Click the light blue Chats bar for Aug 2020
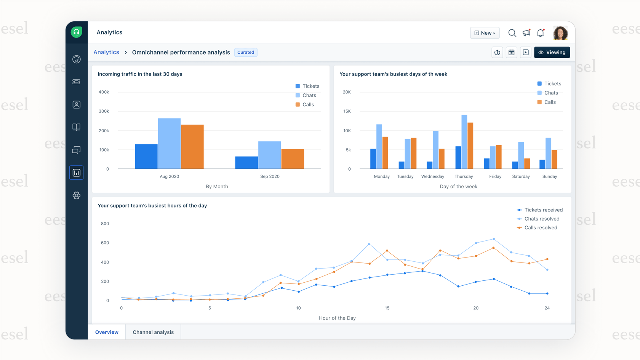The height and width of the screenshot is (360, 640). click(169, 144)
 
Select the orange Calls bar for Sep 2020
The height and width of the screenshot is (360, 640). click(293, 159)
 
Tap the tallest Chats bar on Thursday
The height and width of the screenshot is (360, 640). click(464, 142)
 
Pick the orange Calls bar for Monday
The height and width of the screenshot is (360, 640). click(385, 153)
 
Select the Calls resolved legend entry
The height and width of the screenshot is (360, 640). click(537, 228)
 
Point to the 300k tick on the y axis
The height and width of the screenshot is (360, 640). click(104, 111)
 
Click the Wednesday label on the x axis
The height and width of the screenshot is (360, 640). click(433, 176)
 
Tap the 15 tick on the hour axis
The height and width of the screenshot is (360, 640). click(387, 308)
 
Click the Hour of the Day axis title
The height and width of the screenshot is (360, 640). click(337, 318)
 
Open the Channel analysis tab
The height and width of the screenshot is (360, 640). click(153, 332)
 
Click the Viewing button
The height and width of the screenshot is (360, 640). click(552, 52)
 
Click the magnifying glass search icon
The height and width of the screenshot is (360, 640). click(512, 33)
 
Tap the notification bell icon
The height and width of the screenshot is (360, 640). click(540, 33)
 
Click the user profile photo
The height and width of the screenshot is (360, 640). click(560, 33)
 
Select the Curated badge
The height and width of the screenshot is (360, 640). click(246, 52)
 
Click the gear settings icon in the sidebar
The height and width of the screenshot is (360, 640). click(77, 195)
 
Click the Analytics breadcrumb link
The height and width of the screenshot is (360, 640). click(106, 52)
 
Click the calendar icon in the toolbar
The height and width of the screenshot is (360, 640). click(511, 52)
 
